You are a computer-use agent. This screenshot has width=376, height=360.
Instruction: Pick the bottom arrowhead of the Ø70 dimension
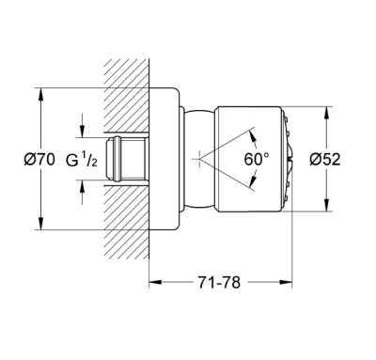pyautogui.click(x=40, y=227)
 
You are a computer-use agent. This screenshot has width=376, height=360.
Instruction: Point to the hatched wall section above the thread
pyautogui.click(x=122, y=94)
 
